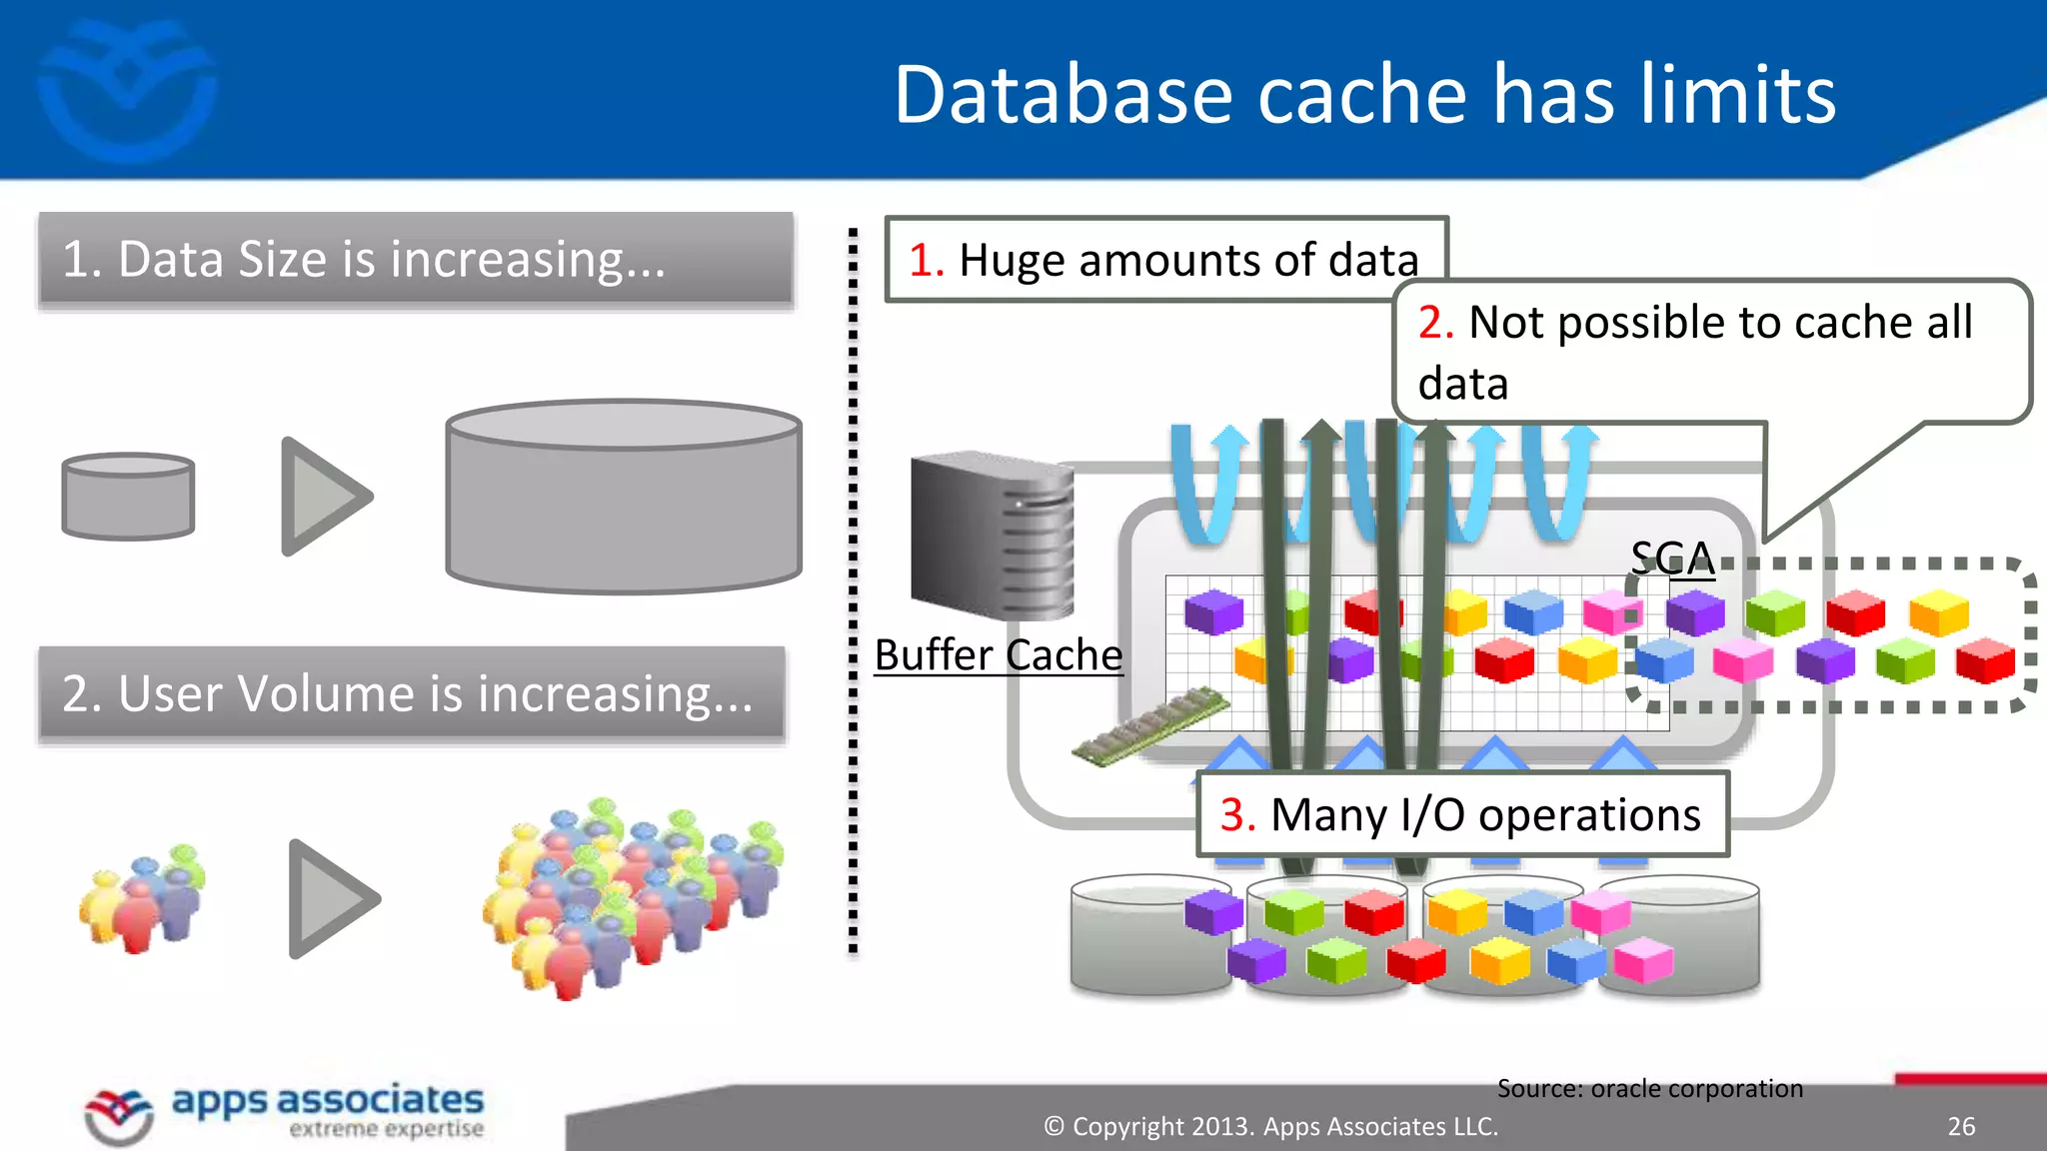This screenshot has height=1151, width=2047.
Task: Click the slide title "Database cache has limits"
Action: (1364, 94)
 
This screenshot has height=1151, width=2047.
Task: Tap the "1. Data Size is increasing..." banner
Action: (416, 260)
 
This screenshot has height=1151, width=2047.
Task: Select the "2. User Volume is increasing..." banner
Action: (412, 693)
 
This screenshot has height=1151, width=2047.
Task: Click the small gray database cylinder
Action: (128, 497)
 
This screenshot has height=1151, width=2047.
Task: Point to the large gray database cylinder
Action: (624, 497)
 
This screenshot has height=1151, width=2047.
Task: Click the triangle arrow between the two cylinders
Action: (323, 497)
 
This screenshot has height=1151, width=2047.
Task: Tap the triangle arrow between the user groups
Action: (330, 898)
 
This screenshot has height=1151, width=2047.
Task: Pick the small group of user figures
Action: (144, 897)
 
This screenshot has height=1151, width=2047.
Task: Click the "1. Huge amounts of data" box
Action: (1164, 260)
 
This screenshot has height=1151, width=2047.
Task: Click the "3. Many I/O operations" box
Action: (1461, 814)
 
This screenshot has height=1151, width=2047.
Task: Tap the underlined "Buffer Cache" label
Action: (998, 655)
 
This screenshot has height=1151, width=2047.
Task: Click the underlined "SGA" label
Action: (1672, 558)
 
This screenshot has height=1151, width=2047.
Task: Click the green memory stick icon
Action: (1150, 726)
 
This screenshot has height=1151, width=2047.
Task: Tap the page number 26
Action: (1961, 1126)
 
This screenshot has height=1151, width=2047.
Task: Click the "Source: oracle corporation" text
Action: (1649, 1088)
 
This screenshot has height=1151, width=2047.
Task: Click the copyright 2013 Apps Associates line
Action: (1270, 1126)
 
